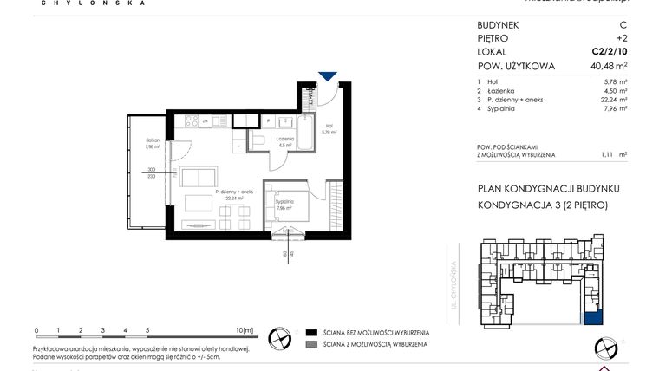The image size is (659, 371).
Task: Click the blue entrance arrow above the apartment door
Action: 328,78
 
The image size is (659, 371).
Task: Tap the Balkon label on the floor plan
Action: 152,140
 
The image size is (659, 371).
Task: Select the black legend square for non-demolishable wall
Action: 310,333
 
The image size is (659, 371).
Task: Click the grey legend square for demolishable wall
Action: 310,344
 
